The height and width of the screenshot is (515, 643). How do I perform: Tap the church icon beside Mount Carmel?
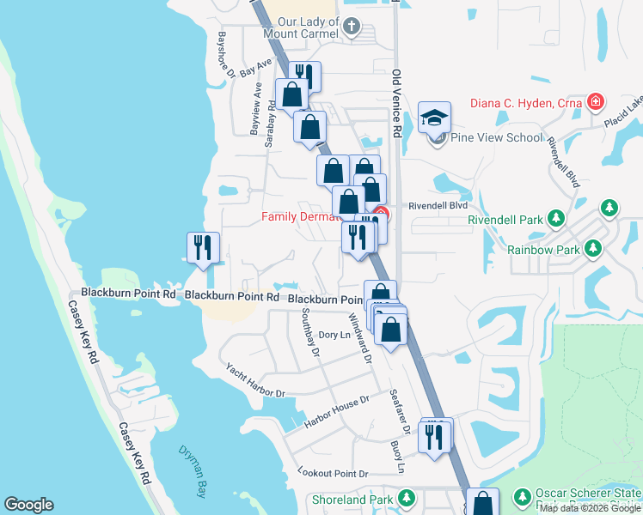[351, 27]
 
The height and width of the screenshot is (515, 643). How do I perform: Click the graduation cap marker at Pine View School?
[435, 118]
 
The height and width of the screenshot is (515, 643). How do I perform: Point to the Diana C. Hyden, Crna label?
[526, 104]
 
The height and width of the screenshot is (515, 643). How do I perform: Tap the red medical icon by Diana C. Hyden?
[593, 103]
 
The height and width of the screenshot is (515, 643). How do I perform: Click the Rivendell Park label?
[505, 220]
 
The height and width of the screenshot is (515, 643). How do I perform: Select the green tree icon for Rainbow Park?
[592, 249]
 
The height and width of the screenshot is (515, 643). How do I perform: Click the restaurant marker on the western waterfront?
[203, 249]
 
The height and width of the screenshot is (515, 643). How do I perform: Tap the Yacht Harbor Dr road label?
[255, 380]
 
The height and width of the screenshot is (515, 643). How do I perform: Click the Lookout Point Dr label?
[333, 473]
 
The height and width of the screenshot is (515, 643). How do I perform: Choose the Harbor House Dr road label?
[336, 412]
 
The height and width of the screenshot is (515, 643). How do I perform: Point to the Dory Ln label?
[335, 335]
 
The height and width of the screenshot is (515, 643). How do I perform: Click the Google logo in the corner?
[28, 505]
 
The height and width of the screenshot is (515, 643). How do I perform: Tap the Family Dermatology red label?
[297, 217]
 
